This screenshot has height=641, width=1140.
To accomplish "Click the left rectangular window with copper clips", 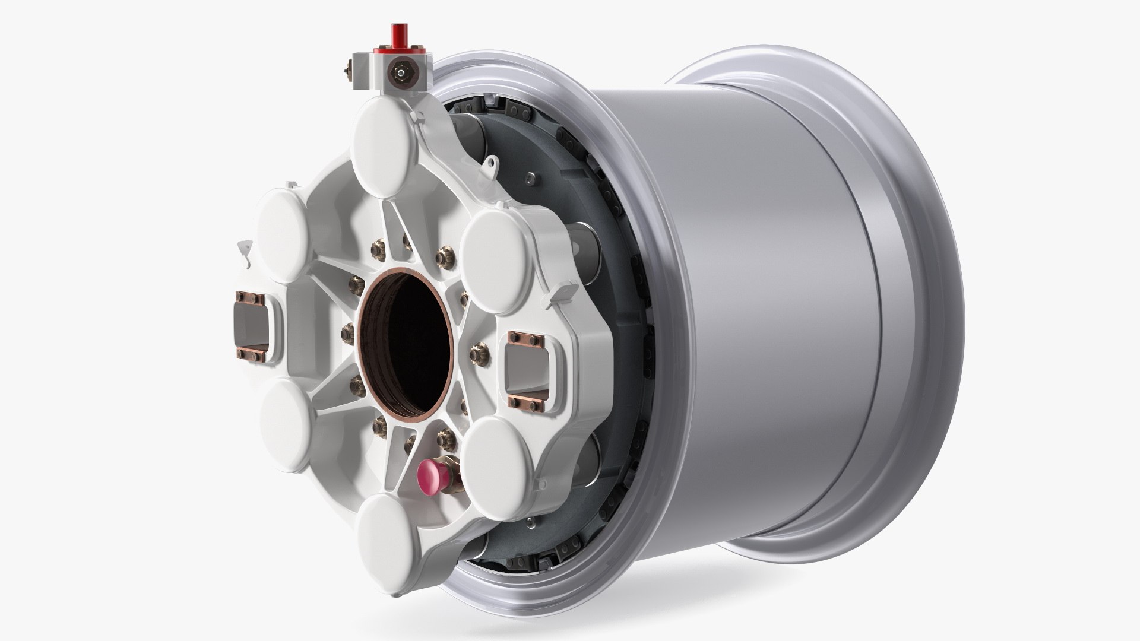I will [x=252, y=326].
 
